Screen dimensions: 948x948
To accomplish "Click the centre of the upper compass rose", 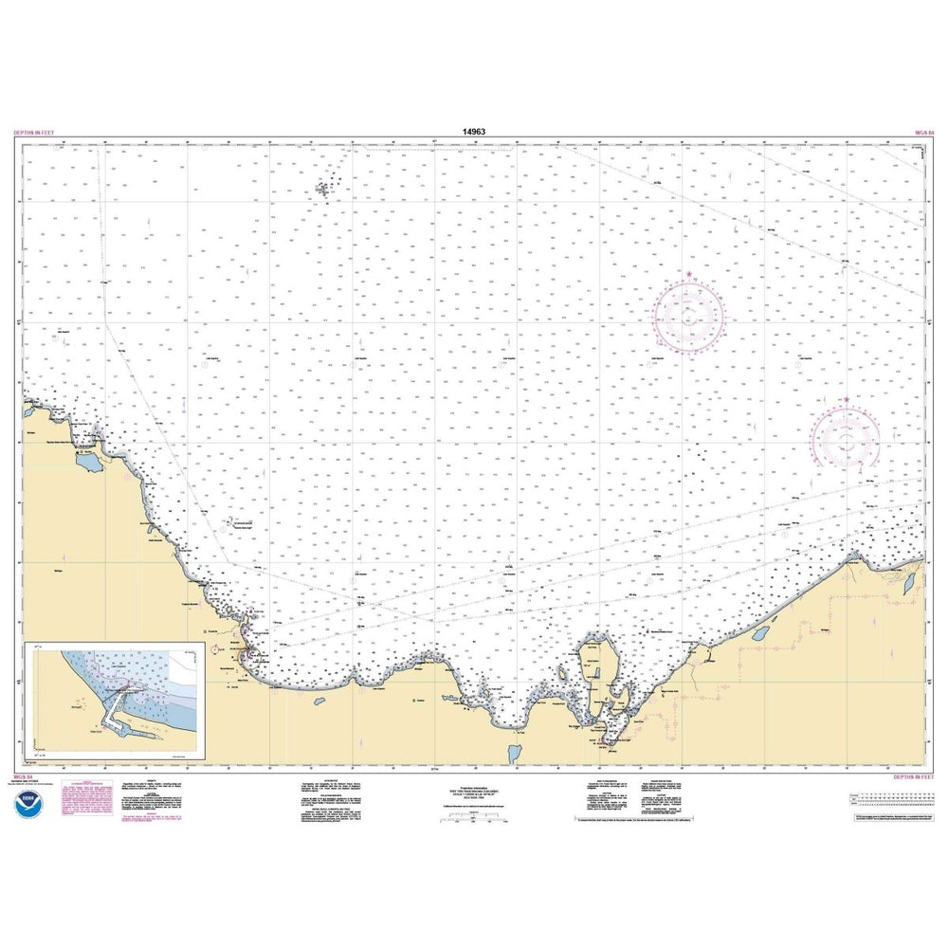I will coord(689,314).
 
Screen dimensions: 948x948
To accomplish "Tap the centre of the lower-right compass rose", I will coord(847,438).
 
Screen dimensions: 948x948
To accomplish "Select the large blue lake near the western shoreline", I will coord(91,463).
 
